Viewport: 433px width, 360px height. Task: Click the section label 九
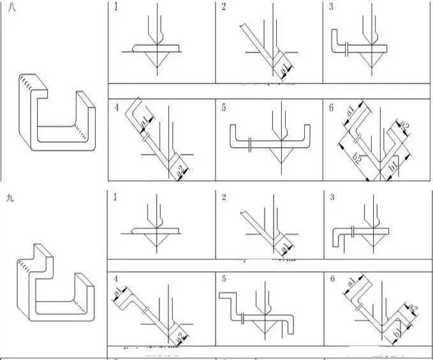click(9, 198)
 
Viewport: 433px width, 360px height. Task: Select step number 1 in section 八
click(115, 8)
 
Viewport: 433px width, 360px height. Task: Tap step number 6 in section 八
click(331, 108)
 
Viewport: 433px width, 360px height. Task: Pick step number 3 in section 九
click(331, 198)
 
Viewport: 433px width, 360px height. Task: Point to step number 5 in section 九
click(224, 278)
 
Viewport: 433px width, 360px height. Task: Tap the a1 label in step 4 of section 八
click(144, 120)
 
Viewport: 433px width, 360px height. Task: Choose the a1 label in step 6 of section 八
click(351, 112)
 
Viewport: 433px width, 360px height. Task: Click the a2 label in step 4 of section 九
click(180, 336)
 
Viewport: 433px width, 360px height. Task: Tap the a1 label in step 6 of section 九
click(351, 282)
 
